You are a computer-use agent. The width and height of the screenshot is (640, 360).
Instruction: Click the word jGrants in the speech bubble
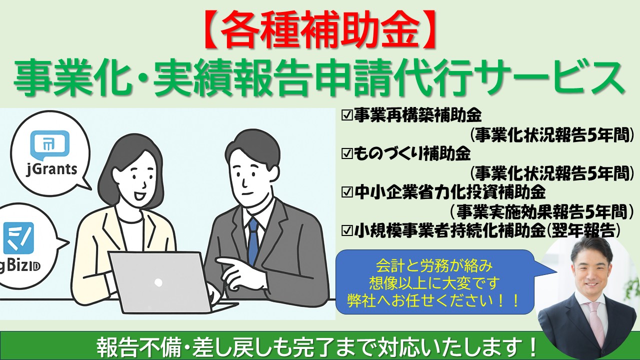[x=51, y=169]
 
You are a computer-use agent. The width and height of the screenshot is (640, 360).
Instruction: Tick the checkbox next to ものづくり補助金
[x=347, y=154]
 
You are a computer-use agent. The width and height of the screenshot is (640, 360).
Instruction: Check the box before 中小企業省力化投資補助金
[x=347, y=192]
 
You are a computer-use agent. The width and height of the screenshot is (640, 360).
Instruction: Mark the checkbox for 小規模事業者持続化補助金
[x=347, y=230]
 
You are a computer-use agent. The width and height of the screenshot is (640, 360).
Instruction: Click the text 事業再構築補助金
[x=417, y=116]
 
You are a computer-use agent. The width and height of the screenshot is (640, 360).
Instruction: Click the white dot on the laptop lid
[x=158, y=282]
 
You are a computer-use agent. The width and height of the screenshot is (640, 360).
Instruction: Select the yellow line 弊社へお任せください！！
[x=434, y=300]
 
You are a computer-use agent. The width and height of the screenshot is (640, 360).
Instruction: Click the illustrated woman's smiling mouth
[x=140, y=196]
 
